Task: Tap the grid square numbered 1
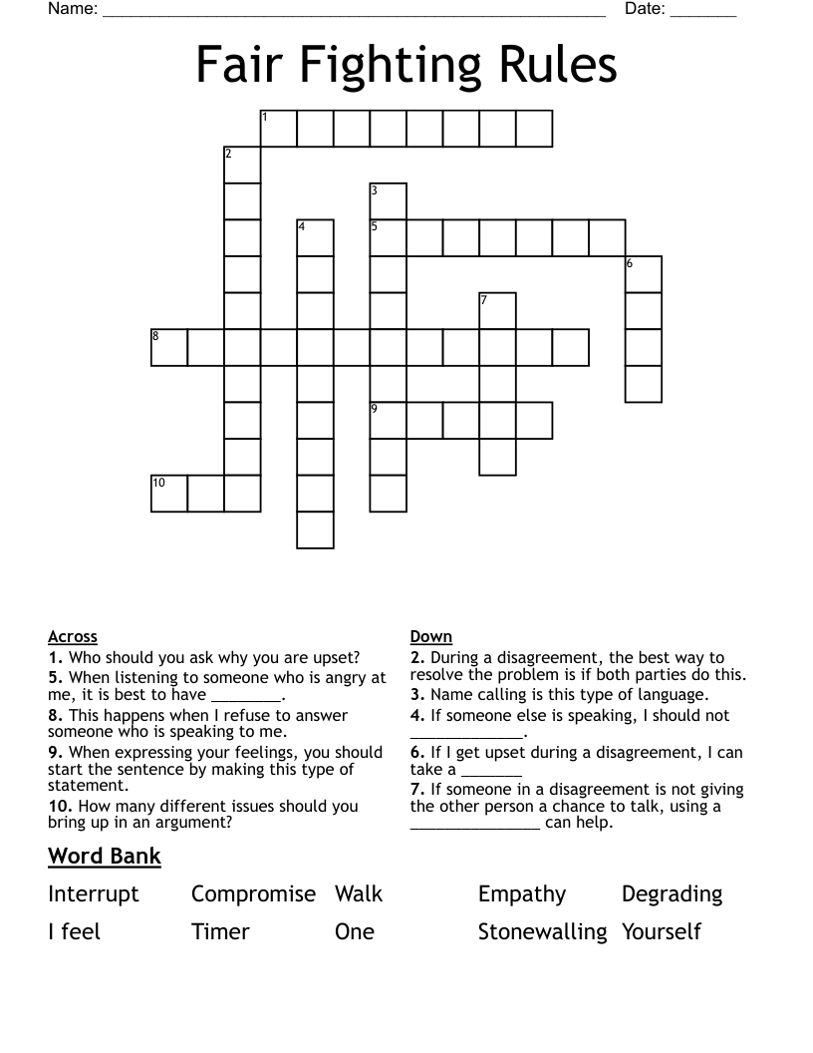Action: click(278, 129)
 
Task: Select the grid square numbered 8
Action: click(169, 347)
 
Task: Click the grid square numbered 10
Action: click(169, 494)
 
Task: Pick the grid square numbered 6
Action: click(644, 274)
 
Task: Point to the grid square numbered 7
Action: click(498, 311)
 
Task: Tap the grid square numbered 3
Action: click(389, 201)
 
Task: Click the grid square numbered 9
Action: click(389, 421)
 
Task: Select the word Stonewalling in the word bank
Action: click(542, 931)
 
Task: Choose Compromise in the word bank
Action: click(253, 893)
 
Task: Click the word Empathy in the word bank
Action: click(522, 893)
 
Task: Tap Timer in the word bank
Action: click(220, 931)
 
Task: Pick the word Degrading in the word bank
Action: click(672, 893)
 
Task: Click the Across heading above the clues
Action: click(73, 636)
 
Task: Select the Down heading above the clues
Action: click(431, 636)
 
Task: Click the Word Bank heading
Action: click(105, 856)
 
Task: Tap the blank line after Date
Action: click(703, 12)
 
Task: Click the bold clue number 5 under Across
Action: click(54, 678)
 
